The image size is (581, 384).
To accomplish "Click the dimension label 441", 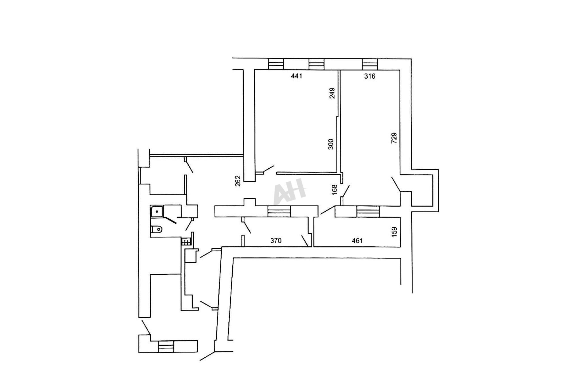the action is pyautogui.click(x=296, y=76).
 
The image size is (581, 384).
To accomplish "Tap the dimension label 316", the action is pyautogui.click(x=370, y=76).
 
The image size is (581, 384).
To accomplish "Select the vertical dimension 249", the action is pyautogui.click(x=332, y=93).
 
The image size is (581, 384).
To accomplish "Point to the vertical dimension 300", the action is pyautogui.click(x=331, y=144).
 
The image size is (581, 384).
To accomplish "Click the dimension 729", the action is pyautogui.click(x=394, y=138).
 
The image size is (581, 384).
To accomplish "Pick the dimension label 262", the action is pyautogui.click(x=238, y=181).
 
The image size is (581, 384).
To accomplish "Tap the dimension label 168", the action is pyautogui.click(x=335, y=190).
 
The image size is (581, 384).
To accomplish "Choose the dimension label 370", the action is pyautogui.click(x=276, y=241).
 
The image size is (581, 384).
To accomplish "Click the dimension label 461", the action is pyautogui.click(x=357, y=241).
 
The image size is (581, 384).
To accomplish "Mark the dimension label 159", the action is pyautogui.click(x=394, y=232).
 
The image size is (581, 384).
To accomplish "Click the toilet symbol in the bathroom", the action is pyautogui.click(x=156, y=229).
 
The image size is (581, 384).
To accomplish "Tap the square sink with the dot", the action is pyautogui.click(x=157, y=211).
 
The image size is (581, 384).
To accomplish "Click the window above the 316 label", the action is pyautogui.click(x=370, y=64).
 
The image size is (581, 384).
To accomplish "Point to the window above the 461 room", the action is pyautogui.click(x=368, y=212).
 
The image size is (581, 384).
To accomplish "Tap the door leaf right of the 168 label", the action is pyautogui.click(x=346, y=191).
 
